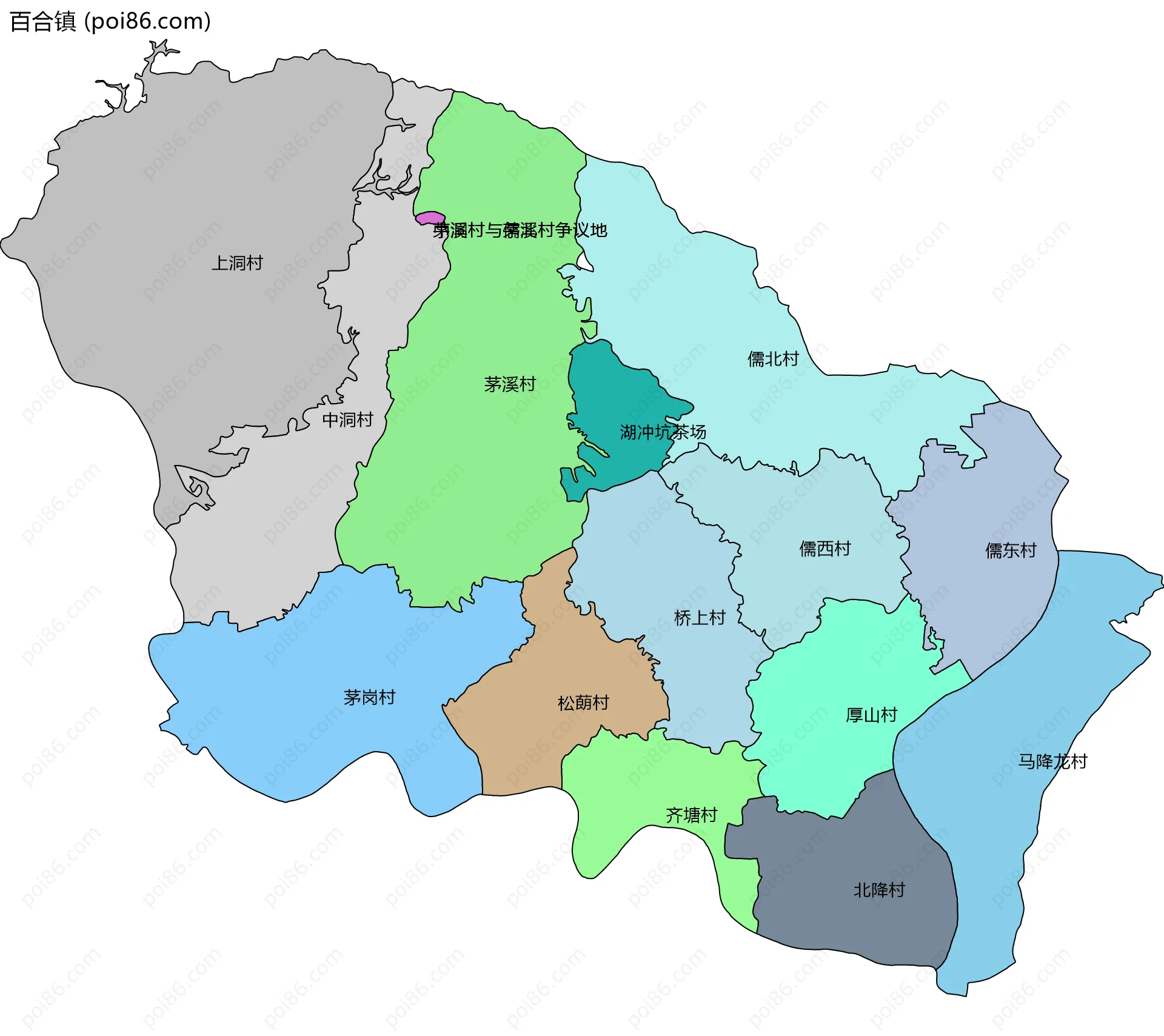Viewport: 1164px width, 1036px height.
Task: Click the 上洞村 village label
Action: (237, 263)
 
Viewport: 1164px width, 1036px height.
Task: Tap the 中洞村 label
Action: (347, 419)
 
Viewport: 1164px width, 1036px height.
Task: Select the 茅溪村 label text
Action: (510, 384)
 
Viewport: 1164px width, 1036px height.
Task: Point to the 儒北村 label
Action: (773, 359)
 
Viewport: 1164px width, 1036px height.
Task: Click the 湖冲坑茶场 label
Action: (663, 432)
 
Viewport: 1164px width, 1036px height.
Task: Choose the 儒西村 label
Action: (825, 549)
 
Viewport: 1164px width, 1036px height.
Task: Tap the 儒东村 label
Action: (1011, 550)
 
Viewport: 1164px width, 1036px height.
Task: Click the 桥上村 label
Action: (700, 618)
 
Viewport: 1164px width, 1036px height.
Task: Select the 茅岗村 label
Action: (369, 697)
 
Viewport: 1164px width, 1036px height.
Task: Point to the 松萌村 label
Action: (583, 703)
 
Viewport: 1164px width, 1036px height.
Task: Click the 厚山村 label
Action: (871, 715)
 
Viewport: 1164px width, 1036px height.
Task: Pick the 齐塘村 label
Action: (691, 815)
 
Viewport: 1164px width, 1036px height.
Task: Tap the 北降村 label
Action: (879, 890)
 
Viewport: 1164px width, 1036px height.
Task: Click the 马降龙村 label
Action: (1052, 761)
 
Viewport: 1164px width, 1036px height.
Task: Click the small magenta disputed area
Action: (430, 218)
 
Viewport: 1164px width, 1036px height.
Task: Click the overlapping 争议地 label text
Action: (520, 230)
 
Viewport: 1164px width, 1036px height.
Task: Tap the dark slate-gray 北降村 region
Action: (849, 927)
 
